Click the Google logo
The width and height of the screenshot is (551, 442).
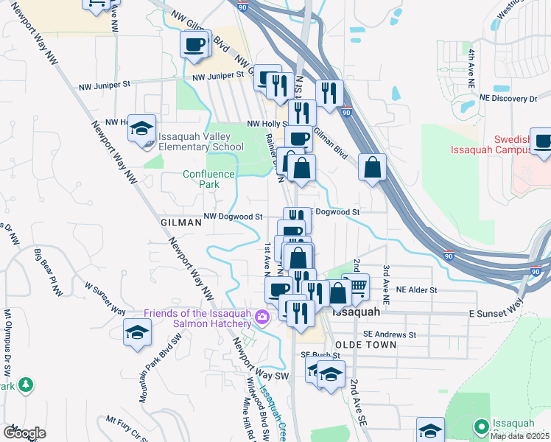point(24,432)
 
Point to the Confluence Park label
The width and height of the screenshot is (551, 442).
point(209,179)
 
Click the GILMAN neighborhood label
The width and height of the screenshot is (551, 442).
point(180,222)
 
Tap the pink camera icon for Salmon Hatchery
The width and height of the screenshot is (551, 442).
point(262,318)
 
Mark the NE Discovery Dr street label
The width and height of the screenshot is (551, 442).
point(508,98)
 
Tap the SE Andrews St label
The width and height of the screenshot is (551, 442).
point(391,334)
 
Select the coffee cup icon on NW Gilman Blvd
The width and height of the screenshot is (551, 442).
point(195,44)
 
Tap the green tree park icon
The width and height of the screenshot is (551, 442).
point(26,385)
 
